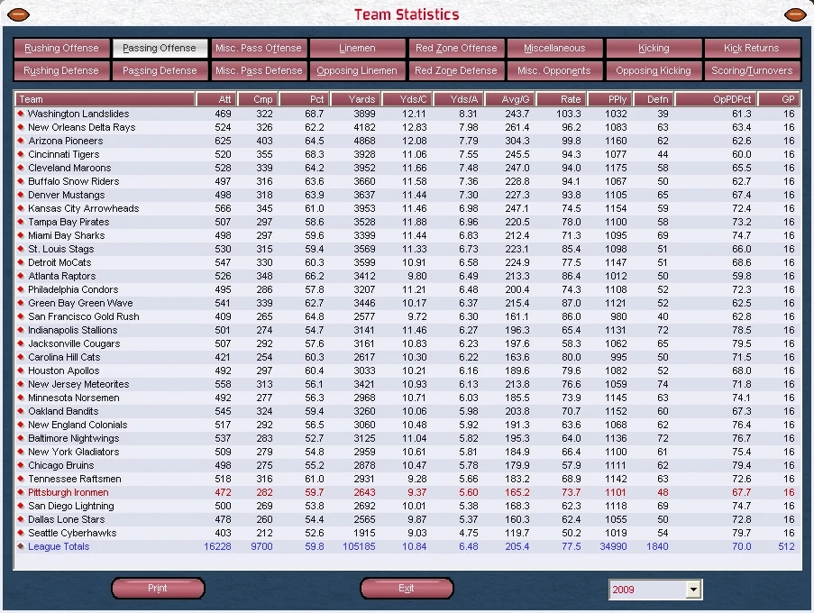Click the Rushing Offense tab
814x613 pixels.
point(61,49)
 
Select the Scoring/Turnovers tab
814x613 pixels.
point(752,70)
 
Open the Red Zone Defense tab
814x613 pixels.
point(456,70)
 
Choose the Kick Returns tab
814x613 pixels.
point(752,49)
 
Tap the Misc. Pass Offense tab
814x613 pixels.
point(259,49)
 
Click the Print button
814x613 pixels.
point(158,588)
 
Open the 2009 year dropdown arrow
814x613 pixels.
point(693,590)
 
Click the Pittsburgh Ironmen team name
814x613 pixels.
point(68,492)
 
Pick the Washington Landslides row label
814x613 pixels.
point(78,114)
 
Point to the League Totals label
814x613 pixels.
point(59,546)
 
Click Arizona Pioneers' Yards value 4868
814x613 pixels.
point(364,141)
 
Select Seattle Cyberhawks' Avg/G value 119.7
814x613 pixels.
point(517,533)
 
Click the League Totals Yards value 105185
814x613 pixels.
point(359,546)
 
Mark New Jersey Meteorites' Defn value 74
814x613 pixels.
point(663,384)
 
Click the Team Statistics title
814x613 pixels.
point(407,14)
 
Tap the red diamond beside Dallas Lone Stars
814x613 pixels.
point(21,519)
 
